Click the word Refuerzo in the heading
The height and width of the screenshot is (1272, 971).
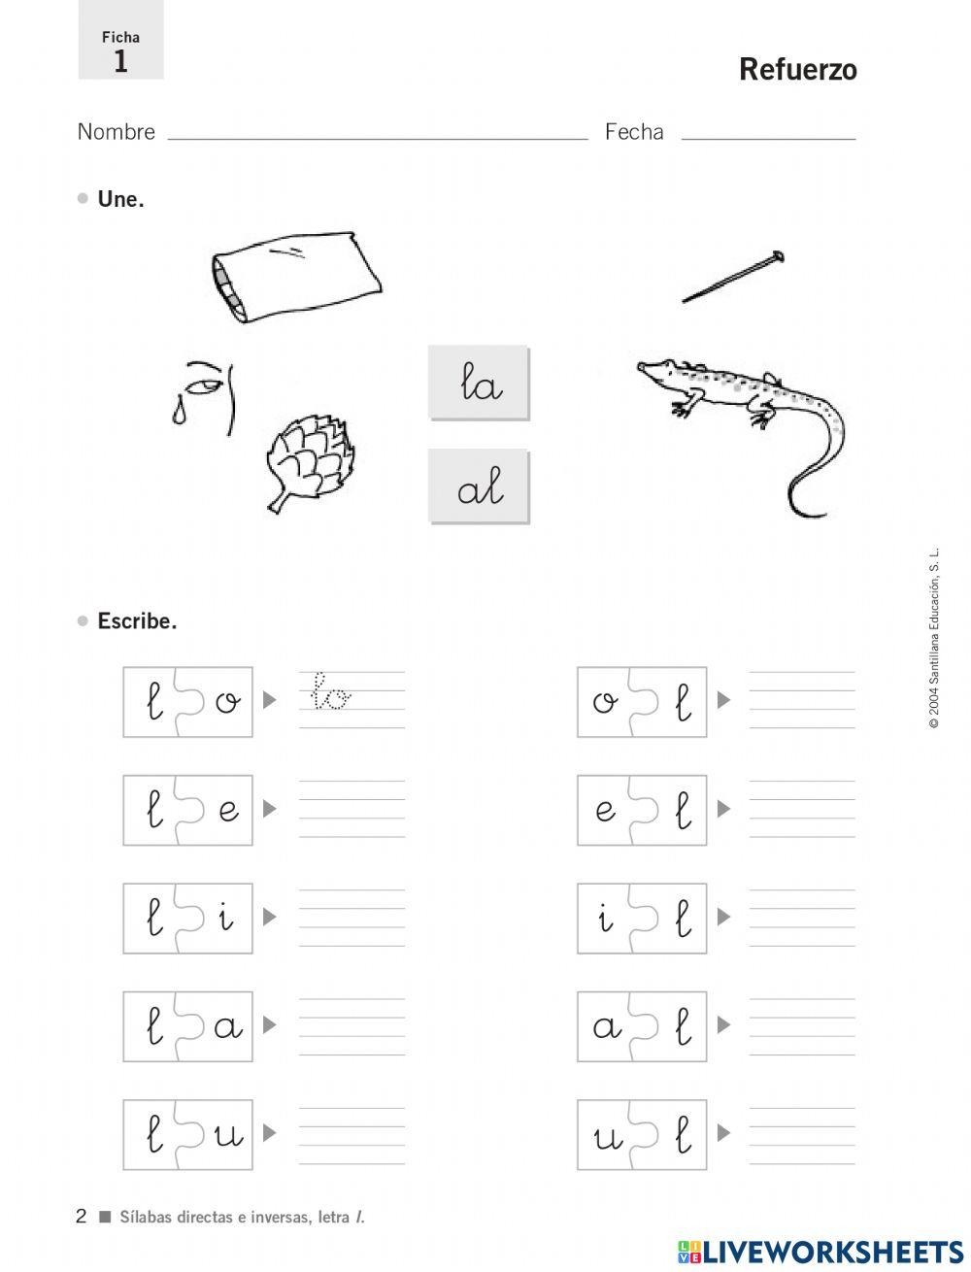tap(797, 70)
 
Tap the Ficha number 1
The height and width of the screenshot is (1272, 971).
tap(120, 61)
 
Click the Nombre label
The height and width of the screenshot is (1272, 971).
tap(117, 132)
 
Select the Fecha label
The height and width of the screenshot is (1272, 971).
tap(634, 132)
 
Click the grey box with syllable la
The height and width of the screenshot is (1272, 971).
tap(478, 383)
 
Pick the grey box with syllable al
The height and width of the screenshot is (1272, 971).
tap(478, 485)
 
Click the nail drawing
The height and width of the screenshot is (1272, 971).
tap(733, 277)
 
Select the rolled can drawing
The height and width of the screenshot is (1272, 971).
tap(295, 277)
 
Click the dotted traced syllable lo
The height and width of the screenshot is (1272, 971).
tap(330, 690)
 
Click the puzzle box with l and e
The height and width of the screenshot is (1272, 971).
tap(187, 810)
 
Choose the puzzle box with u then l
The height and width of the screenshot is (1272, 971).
tap(642, 1134)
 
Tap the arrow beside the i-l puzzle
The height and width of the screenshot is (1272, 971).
tap(723, 917)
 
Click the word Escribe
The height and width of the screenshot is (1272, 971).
tap(137, 621)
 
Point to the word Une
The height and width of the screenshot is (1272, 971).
tap(121, 199)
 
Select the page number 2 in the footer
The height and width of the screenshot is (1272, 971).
tap(82, 1216)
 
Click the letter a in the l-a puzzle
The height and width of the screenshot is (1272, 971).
tap(228, 1026)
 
